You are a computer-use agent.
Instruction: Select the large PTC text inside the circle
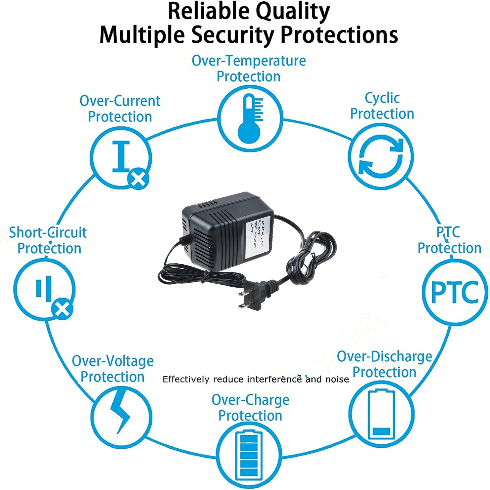[455, 293]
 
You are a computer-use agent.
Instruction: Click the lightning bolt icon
[121, 416]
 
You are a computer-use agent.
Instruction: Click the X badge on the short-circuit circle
[62, 310]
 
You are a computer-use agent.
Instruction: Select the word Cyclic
[382, 98]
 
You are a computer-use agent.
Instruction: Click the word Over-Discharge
[384, 356]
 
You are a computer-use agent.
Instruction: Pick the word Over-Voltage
[113, 361]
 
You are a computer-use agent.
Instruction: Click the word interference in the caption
[274, 380]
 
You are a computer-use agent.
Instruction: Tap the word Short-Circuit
[48, 232]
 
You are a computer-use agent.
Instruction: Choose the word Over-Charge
[250, 400]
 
